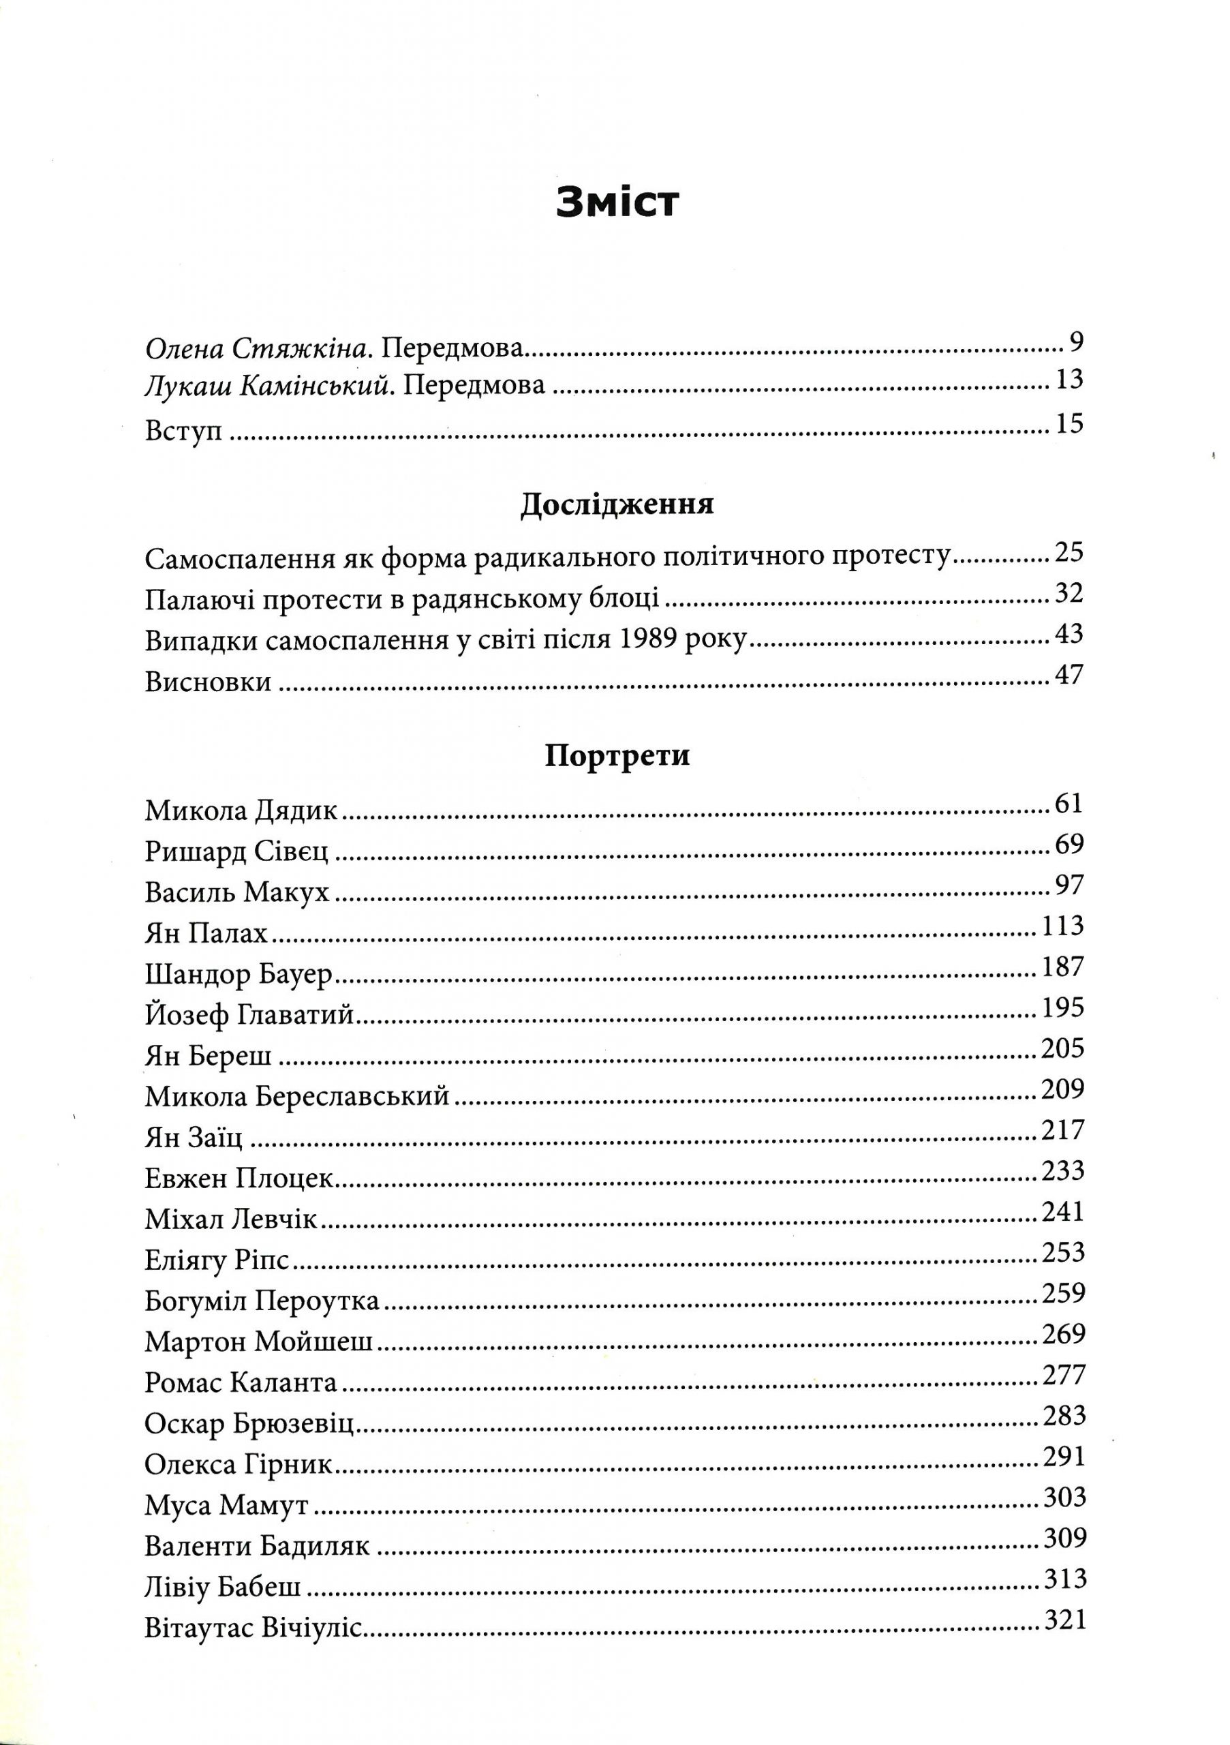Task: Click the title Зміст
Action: (x=615, y=203)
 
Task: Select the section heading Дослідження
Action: (x=616, y=504)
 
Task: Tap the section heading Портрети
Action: (x=617, y=757)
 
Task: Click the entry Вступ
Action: (x=183, y=431)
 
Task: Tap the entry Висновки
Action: (x=207, y=681)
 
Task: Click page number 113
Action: (x=1060, y=926)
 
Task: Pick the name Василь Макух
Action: (x=237, y=892)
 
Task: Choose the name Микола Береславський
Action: (x=297, y=1097)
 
